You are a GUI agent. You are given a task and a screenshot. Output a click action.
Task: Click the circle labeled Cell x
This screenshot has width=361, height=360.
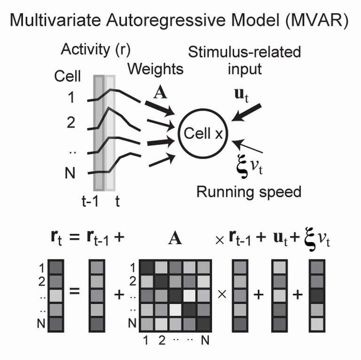point(203,134)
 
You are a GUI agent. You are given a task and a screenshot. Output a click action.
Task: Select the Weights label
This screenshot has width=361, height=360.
point(156,70)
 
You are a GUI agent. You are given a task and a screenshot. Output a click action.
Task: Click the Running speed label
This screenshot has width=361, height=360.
point(249,192)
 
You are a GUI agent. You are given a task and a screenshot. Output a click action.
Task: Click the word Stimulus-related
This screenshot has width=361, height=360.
point(244,52)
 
